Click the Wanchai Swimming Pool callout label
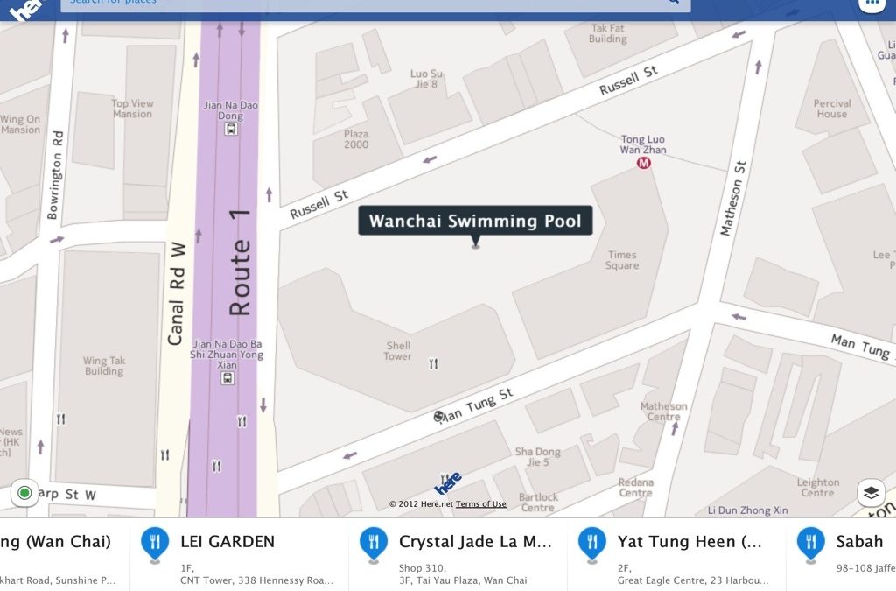coord(475,221)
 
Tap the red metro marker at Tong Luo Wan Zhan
coord(644,163)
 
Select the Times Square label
coord(622,260)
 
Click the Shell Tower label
coord(397,351)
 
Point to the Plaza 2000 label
coord(356,139)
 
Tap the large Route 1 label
coord(240,262)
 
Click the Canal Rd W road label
coord(177,293)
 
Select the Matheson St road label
coord(732,198)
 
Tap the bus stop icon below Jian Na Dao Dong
coord(230,129)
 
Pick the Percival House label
coord(831,109)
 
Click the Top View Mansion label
coord(132,109)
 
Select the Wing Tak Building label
coord(104,366)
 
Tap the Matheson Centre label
coord(663,412)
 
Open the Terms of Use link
coord(480,504)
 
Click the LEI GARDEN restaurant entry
coord(227,542)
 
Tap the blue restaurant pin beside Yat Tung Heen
coord(591,543)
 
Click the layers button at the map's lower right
coord(871,493)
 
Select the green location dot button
coord(24,493)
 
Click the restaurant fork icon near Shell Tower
coord(433,363)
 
